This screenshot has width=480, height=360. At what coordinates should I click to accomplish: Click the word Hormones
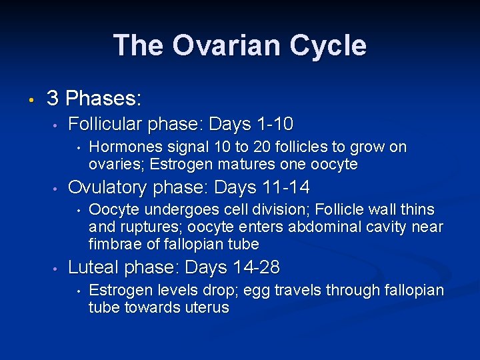(x=118, y=147)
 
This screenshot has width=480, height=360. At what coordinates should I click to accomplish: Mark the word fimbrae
(x=113, y=244)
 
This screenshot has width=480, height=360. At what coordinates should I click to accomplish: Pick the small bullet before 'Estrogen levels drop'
(x=79, y=292)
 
